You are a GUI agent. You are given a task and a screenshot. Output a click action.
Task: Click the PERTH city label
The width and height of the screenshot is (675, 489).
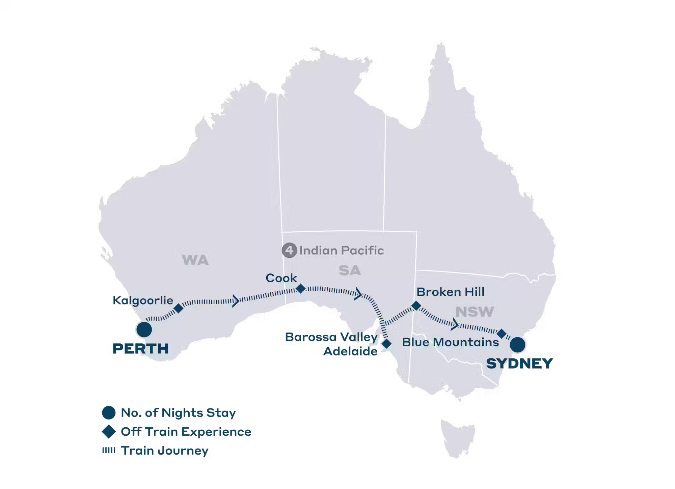click(x=140, y=349)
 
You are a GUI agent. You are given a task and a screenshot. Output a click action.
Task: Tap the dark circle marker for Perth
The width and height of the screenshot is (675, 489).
click(x=144, y=329)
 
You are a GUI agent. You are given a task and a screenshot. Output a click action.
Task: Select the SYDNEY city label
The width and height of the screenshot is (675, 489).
click(x=519, y=364)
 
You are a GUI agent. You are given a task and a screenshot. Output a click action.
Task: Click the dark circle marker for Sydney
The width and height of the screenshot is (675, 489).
click(x=517, y=345)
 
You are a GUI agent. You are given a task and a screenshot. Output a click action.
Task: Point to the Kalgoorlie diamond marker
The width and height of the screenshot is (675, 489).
click(x=179, y=308)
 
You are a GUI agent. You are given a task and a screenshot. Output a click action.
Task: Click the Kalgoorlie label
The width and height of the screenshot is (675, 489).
click(x=143, y=300)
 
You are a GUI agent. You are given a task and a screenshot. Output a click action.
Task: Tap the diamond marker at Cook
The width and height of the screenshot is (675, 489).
click(x=300, y=289)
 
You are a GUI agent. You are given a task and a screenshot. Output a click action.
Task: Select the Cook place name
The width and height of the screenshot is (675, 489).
click(x=281, y=278)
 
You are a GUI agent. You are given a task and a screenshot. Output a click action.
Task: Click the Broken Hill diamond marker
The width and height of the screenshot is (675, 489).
click(x=416, y=306)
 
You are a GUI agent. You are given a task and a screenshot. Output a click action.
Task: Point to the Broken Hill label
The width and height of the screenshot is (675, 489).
click(x=450, y=292)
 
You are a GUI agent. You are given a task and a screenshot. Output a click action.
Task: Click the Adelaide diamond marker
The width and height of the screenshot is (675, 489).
click(x=386, y=344)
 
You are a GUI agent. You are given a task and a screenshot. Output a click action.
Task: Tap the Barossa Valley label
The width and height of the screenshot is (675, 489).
click(x=331, y=337)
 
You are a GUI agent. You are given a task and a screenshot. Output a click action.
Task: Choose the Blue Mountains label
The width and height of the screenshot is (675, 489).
click(x=450, y=342)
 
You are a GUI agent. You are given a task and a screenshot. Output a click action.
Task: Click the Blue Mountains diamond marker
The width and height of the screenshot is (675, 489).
click(x=502, y=334)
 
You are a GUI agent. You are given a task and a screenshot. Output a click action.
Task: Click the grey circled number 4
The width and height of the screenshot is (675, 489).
click(x=289, y=250)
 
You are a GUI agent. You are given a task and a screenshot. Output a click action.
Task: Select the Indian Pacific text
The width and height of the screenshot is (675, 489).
click(x=342, y=251)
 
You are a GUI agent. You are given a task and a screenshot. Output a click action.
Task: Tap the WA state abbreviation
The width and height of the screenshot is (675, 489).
click(x=195, y=260)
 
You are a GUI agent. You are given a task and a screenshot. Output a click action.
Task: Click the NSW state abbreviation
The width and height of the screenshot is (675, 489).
click(x=475, y=312)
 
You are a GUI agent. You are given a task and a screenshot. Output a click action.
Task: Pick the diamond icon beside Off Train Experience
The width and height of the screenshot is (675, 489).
click(x=109, y=432)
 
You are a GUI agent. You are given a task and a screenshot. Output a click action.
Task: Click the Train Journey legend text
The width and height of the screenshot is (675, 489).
click(x=165, y=451)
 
